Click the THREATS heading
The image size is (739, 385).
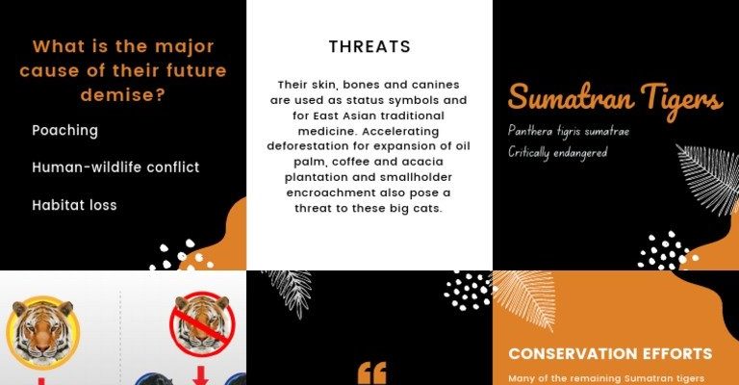click(369, 46)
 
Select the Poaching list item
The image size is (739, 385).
click(65, 131)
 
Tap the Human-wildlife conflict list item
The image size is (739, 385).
click(115, 167)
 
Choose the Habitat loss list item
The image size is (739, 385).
click(74, 205)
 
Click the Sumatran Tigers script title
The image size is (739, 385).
click(615, 100)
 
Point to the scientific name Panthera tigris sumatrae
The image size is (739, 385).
click(569, 131)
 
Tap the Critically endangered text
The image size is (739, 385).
click(557, 153)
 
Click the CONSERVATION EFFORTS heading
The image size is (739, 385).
click(610, 353)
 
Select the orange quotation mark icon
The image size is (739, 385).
click(372, 372)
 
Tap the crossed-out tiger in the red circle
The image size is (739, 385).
click(202, 323)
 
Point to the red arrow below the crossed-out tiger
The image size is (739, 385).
click(200, 375)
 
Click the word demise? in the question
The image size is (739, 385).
click(123, 95)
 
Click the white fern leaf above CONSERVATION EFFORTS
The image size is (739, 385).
click(524, 299)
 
